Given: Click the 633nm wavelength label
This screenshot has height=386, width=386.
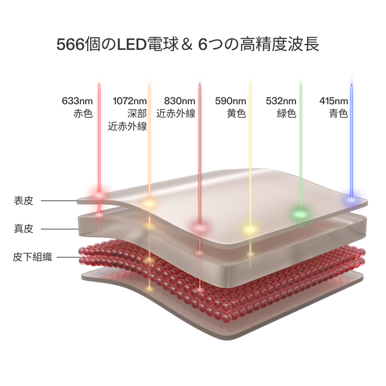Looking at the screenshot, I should click(77, 101).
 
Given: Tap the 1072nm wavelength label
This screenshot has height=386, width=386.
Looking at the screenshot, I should click(129, 101).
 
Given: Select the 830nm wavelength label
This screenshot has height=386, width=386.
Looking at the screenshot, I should click(179, 101).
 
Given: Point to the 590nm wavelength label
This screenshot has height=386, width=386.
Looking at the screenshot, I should click(230, 101).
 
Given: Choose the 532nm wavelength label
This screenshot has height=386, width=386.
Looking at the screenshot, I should click(281, 101).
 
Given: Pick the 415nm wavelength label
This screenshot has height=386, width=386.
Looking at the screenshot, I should click(333, 101).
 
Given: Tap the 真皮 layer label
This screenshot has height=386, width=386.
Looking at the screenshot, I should click(24, 229).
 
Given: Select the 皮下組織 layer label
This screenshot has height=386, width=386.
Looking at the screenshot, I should click(32, 257).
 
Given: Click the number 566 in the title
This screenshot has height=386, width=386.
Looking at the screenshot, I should click(69, 45).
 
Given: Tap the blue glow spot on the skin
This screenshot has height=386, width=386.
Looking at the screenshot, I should click(352, 198).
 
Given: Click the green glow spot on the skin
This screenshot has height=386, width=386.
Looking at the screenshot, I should click(300, 212).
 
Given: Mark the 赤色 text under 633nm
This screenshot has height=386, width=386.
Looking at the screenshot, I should click(83, 114).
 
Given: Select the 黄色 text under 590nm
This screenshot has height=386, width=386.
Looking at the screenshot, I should click(236, 114).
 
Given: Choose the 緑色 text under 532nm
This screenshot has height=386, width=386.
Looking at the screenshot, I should click(287, 114).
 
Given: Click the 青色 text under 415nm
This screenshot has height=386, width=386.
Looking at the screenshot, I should click(339, 114).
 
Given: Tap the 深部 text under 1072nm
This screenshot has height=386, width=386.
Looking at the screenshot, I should click(137, 114).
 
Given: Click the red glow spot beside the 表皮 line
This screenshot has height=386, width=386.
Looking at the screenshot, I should click(99, 195).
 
